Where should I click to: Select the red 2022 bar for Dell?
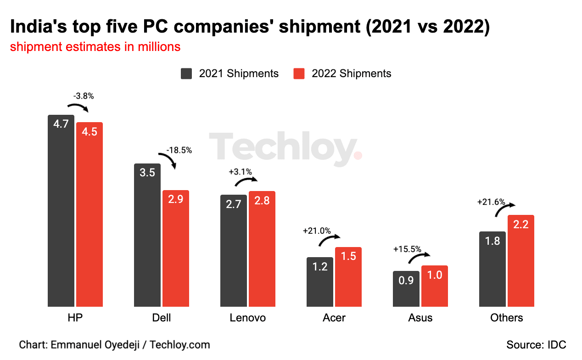point(176,248)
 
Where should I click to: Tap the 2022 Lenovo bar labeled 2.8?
point(262,248)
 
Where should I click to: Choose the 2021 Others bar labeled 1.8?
point(492,269)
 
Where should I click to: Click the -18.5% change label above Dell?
point(179,150)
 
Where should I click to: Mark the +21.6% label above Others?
point(491,202)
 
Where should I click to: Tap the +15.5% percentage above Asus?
point(407,249)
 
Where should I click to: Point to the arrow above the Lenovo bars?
point(246,180)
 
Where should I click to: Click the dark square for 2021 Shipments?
point(186,73)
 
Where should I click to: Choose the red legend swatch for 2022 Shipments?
point(299,73)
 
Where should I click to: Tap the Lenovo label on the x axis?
point(247,318)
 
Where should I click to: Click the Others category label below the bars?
point(506,318)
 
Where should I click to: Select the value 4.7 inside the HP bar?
point(61,124)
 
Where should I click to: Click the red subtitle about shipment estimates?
point(95,47)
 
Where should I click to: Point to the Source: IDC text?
point(536,344)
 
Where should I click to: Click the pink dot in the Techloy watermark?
point(358,155)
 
